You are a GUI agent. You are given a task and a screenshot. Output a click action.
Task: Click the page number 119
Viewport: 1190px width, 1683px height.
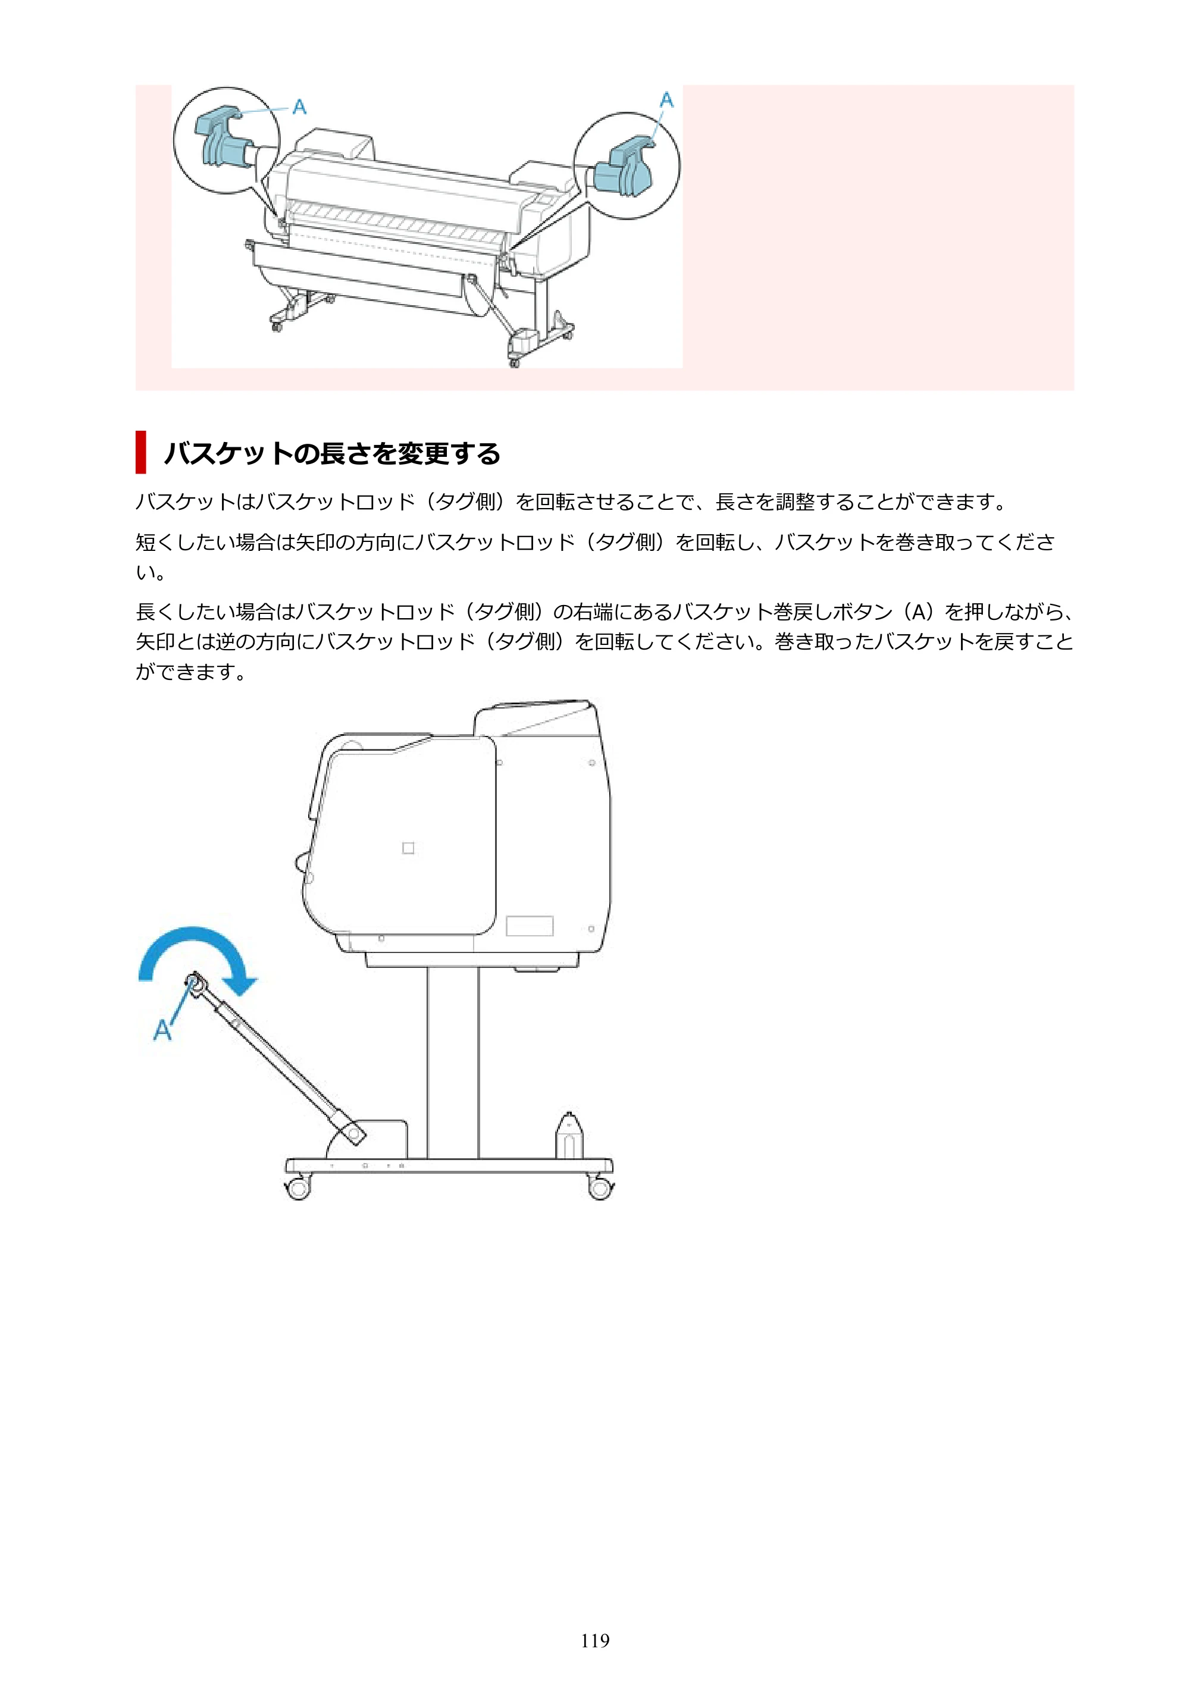[594, 1641]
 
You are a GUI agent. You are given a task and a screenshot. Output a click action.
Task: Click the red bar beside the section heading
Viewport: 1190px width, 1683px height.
[141, 452]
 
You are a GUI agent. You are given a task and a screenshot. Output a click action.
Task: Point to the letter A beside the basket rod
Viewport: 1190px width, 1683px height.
[162, 1030]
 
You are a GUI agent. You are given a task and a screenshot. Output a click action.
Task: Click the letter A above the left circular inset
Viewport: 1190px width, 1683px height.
[299, 107]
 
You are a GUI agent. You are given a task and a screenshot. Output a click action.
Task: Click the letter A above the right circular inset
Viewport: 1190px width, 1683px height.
[666, 100]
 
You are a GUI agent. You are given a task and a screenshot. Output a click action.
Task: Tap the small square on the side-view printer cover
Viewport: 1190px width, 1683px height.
[408, 848]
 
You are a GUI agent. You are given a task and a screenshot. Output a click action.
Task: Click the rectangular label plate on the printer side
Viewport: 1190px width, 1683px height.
[530, 926]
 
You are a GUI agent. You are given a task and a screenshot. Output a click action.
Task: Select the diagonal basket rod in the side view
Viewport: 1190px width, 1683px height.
[275, 1058]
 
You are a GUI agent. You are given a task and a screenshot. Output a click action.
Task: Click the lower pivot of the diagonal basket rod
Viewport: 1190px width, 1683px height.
[355, 1134]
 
